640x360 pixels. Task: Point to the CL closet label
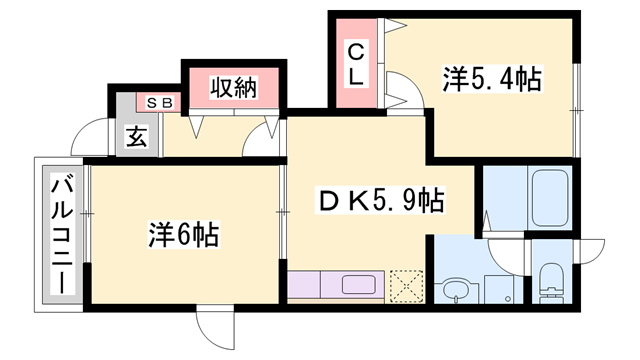[x=355, y=62]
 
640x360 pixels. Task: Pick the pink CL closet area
[x=355, y=62]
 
